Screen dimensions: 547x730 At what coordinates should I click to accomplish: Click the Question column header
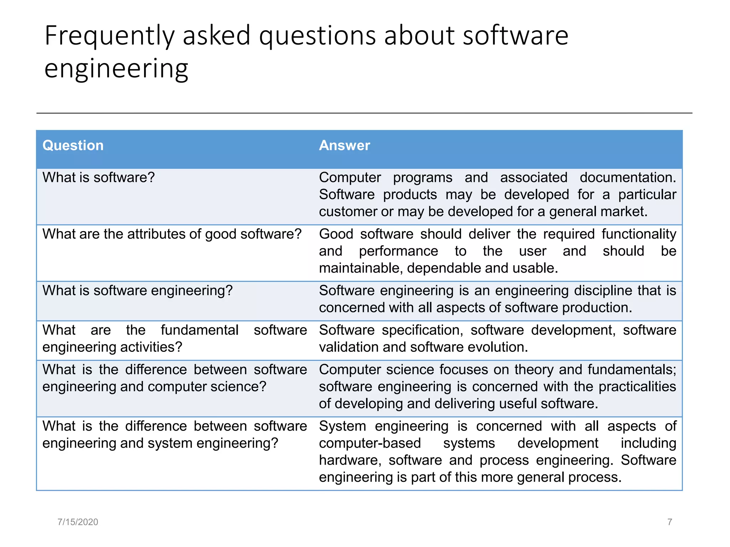pyautogui.click(x=73, y=145)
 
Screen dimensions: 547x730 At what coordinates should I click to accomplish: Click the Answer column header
pyautogui.click(x=344, y=145)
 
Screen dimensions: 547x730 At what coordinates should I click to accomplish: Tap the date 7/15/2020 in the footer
pyautogui.click(x=78, y=522)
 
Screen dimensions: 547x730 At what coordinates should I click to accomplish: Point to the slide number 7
pyautogui.click(x=669, y=522)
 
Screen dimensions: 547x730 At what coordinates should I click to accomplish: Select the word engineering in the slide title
pyautogui.click(x=116, y=68)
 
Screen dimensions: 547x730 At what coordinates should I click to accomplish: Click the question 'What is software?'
pyautogui.click(x=99, y=177)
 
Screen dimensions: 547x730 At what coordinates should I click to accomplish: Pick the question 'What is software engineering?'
pyautogui.click(x=137, y=291)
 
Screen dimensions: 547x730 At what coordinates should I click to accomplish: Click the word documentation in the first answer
pyautogui.click(x=627, y=177)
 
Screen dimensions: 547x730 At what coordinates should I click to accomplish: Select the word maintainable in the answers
pyautogui.click(x=360, y=268)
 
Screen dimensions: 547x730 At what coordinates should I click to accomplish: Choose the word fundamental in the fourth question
pyautogui.click(x=200, y=330)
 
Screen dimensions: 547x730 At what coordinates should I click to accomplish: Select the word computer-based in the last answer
pyautogui.click(x=370, y=443)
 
